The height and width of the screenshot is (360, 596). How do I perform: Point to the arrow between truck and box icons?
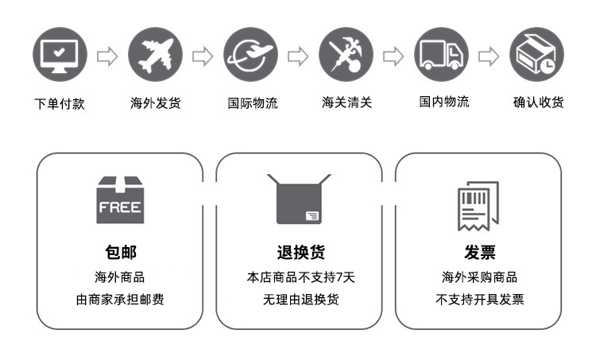coord(490,56)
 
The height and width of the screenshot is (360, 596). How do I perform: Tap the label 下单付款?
coord(60,103)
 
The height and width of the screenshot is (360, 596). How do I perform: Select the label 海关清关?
coord(347,103)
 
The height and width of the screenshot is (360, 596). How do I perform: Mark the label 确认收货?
coord(538,103)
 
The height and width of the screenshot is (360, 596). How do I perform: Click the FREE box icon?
coord(120,200)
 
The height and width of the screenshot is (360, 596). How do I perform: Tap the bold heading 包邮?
coord(120,253)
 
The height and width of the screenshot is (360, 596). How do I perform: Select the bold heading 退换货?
coord(300,253)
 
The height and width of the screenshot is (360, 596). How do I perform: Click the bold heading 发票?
coord(480,253)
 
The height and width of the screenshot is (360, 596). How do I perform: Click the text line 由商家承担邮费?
coord(120,300)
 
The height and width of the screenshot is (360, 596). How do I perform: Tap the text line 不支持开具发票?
coord(480,300)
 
